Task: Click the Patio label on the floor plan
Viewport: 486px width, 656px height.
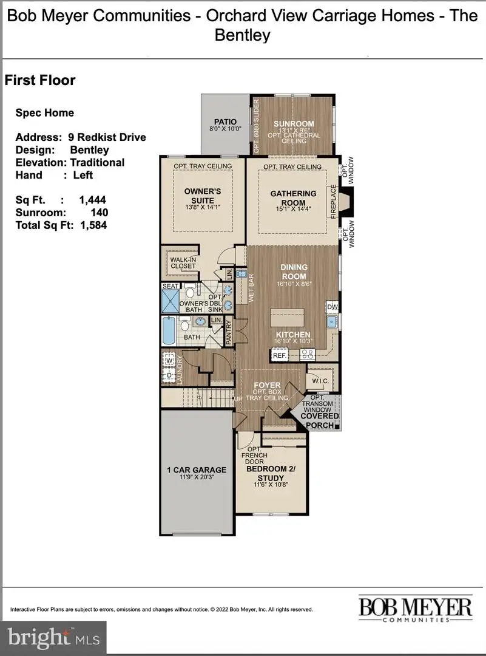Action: click(225, 122)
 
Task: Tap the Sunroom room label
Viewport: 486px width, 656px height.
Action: click(292, 124)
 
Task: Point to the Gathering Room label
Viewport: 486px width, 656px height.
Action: click(294, 197)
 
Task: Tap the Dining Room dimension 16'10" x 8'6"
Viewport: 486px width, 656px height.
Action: click(294, 284)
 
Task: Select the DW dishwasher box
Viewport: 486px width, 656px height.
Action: click(332, 307)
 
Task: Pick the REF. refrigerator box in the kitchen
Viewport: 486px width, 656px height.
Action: click(279, 355)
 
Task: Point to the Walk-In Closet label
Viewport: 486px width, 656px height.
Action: click(183, 262)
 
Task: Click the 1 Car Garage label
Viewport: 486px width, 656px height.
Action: click(197, 470)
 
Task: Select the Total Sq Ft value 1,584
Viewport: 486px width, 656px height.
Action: click(93, 225)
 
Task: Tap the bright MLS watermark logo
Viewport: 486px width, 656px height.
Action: click(53, 638)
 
